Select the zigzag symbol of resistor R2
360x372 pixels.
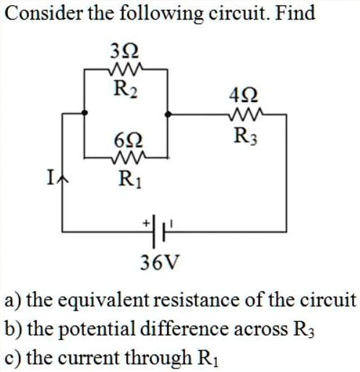click(x=127, y=70)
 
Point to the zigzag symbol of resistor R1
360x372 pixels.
click(x=128, y=155)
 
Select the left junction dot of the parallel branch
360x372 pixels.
click(x=86, y=114)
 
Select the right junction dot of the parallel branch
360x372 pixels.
click(x=169, y=114)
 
